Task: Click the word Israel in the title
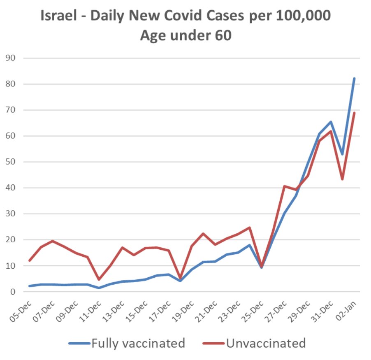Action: click(59, 16)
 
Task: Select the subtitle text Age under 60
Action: click(186, 35)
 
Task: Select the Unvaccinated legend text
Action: click(266, 343)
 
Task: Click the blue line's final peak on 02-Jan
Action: click(354, 78)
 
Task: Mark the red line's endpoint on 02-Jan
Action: click(354, 113)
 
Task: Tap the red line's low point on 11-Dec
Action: click(99, 279)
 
